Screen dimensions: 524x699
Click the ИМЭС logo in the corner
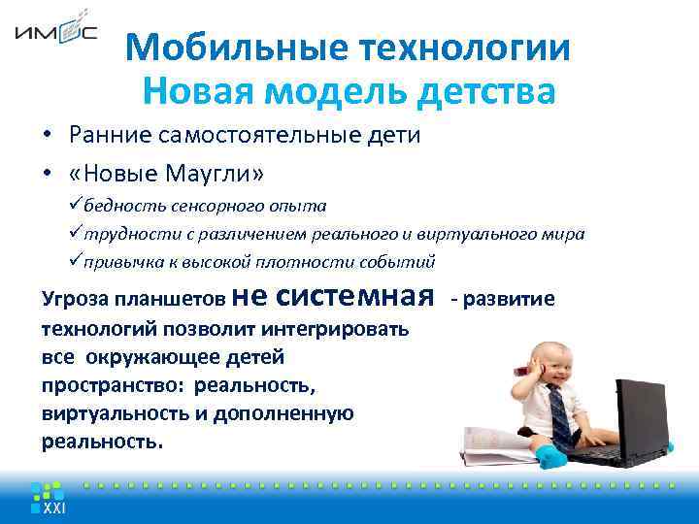coord(55,32)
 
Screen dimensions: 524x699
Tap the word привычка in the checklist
coord(120,262)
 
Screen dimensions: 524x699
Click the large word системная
coord(365,293)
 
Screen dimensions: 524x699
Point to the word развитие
coord(513,299)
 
